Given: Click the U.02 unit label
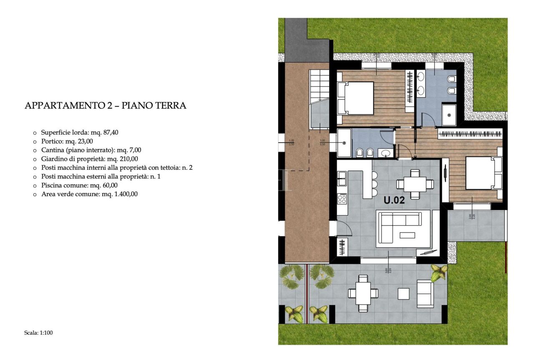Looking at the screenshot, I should pos(394,200).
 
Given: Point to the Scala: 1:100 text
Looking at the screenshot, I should pos(39,333).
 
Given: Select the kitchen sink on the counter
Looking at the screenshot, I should pos(342,179).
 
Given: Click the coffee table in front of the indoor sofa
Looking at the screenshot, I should pos(407,235).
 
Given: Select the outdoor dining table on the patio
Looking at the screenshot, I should pos(363,293).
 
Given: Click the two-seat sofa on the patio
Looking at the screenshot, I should pos(425,294).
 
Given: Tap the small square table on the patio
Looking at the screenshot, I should pos(403,294).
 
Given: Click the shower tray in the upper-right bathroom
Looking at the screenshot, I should pos(449,115).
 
